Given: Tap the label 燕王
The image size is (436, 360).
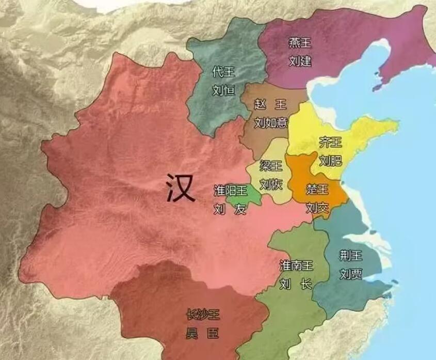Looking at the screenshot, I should pyautogui.click(x=300, y=43).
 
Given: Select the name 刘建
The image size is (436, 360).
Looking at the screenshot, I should pyautogui.click(x=300, y=61).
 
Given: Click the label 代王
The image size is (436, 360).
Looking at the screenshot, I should pyautogui.click(x=223, y=72).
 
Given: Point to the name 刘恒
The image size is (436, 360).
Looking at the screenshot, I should pyautogui.click(x=223, y=90).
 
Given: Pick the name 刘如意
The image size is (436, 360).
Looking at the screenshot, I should pyautogui.click(x=270, y=122).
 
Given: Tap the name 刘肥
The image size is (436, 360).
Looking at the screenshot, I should pyautogui.click(x=330, y=160).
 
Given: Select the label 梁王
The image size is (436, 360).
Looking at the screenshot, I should pyautogui.click(x=271, y=166).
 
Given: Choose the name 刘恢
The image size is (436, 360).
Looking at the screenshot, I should pyautogui.click(x=271, y=184).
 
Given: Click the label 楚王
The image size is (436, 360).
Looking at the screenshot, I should pyautogui.click(x=317, y=189).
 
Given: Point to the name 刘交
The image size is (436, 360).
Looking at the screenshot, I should pyautogui.click(x=317, y=208).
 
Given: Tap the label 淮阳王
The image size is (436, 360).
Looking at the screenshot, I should pyautogui.click(x=231, y=191).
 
